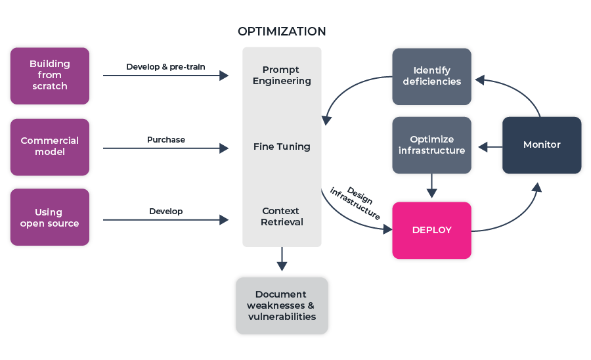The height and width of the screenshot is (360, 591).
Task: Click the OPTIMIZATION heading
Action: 281,32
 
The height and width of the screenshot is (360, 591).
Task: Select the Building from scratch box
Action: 50,76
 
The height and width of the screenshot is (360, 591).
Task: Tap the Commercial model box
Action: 50,146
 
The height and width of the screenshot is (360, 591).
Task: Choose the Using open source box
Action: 50,217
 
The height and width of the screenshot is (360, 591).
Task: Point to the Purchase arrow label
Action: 165,139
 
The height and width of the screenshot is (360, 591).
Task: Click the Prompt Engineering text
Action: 281,76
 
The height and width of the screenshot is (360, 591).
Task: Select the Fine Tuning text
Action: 281,146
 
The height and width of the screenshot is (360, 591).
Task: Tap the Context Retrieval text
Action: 281,217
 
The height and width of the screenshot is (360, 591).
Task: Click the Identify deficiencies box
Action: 431,76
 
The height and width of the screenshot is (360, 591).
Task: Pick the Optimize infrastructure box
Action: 431,145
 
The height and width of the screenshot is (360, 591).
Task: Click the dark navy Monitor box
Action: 542,145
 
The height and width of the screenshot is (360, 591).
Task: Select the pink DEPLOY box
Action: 431,230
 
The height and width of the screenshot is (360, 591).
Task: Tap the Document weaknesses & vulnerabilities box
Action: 282,305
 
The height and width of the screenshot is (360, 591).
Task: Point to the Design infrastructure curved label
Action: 357,202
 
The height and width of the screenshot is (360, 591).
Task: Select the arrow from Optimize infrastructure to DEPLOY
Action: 431,186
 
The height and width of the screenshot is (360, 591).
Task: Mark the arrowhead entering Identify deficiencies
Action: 479,79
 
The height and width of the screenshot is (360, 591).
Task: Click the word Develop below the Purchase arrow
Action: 165,212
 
